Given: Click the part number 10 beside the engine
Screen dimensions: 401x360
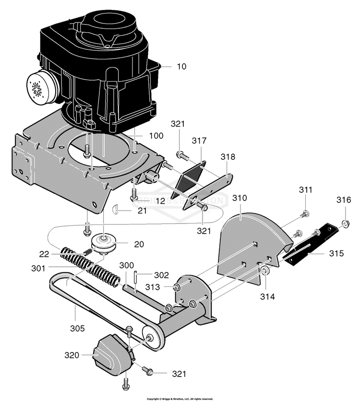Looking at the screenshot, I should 181,67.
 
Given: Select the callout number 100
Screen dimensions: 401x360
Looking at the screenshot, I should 156,136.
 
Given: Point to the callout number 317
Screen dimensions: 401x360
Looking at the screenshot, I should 199,141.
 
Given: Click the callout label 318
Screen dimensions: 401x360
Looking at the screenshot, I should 228,157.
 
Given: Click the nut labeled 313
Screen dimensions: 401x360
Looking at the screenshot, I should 176,287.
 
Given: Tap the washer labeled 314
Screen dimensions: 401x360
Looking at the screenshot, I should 264,273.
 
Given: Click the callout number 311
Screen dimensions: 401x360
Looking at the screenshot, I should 305,190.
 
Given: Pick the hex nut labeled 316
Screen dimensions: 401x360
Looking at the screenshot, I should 345,223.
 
